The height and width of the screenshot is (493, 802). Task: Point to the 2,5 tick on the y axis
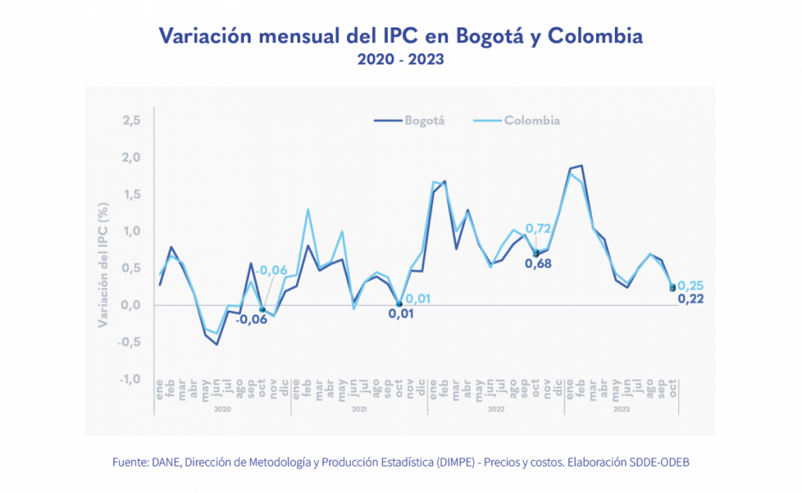[x=131, y=121]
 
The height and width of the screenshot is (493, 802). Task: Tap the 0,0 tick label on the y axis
[x=131, y=305]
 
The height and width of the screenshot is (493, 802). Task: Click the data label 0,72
[x=540, y=229]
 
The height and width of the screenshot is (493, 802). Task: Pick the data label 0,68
[x=538, y=264]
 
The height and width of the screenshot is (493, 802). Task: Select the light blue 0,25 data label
[x=690, y=286]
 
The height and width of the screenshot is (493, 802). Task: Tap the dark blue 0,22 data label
[x=690, y=298]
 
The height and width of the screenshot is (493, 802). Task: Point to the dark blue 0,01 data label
[x=400, y=314]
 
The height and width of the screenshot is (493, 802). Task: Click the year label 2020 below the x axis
[x=222, y=408]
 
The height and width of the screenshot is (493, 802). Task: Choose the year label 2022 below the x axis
[x=495, y=408]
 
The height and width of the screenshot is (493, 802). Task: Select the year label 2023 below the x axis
[x=621, y=408]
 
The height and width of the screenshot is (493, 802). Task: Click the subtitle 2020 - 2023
[x=400, y=59]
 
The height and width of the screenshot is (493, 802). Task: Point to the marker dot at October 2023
[x=673, y=288]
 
